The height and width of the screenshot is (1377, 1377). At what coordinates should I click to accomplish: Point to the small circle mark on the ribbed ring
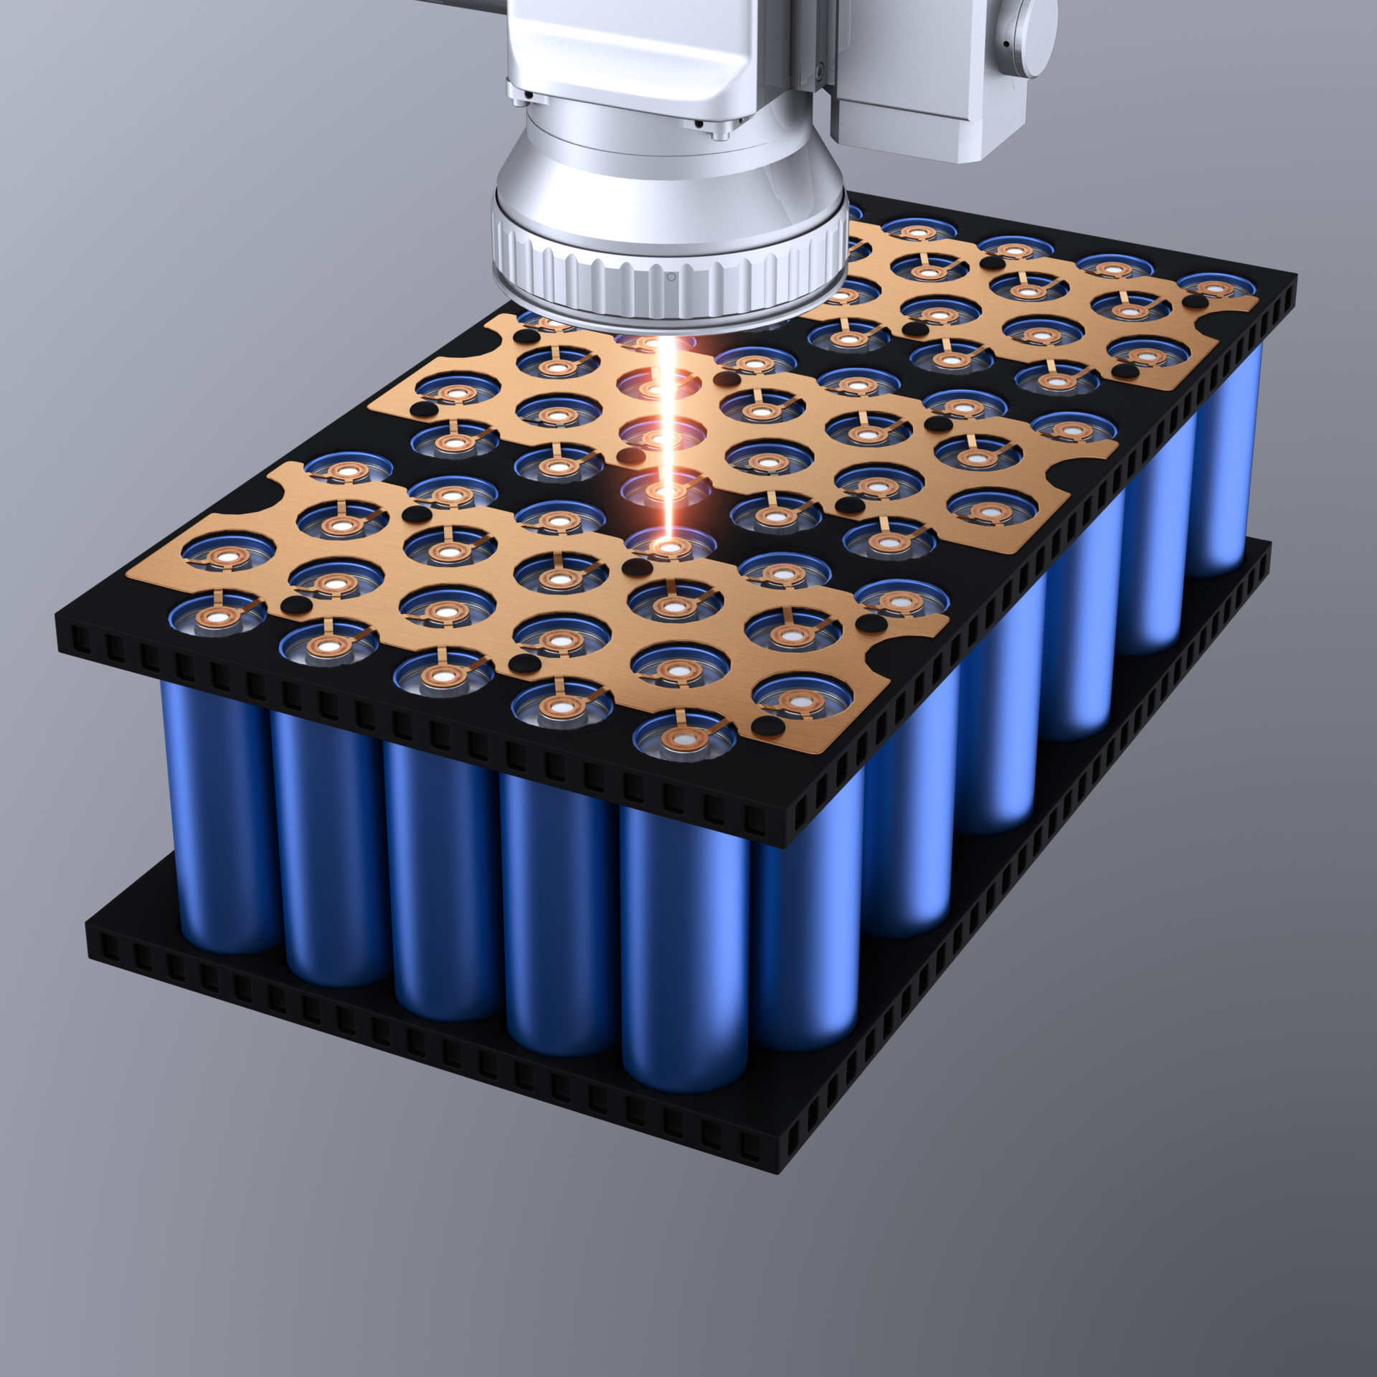click(671, 277)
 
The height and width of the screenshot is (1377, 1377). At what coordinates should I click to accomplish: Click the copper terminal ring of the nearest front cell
click(684, 739)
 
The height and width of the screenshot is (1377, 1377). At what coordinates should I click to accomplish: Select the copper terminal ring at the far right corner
click(1215, 289)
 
